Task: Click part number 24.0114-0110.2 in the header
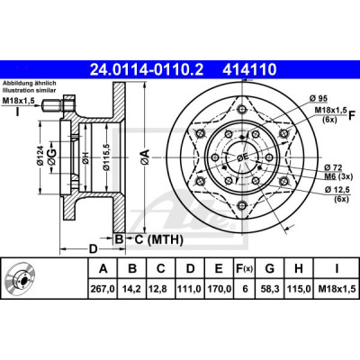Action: click(x=147, y=70)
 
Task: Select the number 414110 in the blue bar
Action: click(x=249, y=70)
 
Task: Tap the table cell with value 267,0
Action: click(x=103, y=289)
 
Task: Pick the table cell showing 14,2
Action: click(x=132, y=289)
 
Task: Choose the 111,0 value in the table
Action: click(x=190, y=289)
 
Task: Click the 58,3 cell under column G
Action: click(x=270, y=289)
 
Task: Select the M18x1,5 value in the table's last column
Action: click(x=337, y=289)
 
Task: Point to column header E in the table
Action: click(x=220, y=268)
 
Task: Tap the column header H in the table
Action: click(x=299, y=268)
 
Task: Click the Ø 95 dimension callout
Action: click(x=318, y=98)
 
